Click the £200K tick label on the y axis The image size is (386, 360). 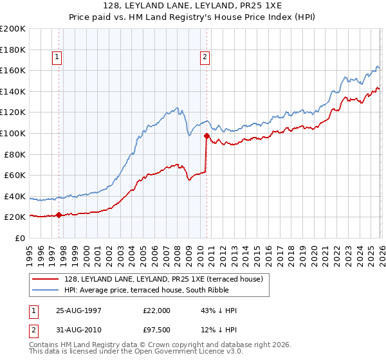pyautogui.click(x=13, y=29)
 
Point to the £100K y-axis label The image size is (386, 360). pyautogui.click(x=13, y=133)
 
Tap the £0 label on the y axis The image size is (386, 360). pyautogui.click(x=21, y=238)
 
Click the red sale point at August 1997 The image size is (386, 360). pyautogui.click(x=59, y=215)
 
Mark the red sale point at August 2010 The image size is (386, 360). pyautogui.click(x=207, y=136)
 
